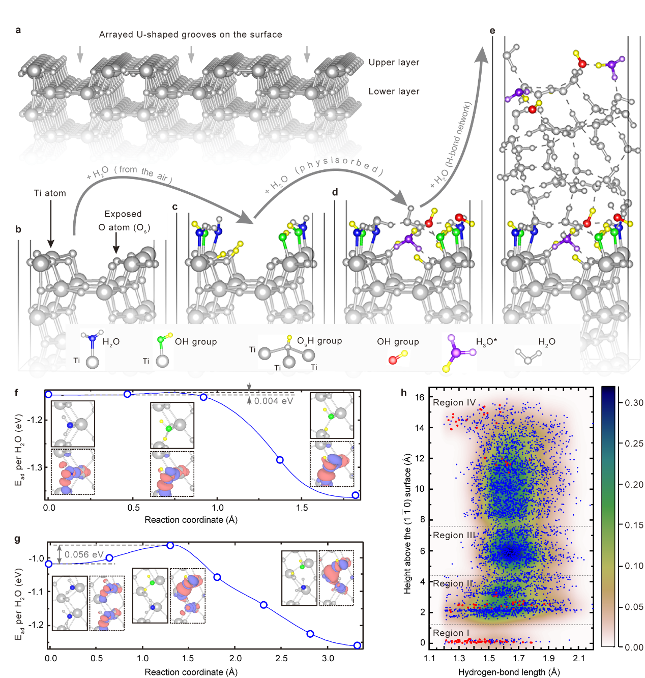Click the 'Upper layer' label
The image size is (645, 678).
tap(394, 63)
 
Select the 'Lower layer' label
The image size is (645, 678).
tap(394, 92)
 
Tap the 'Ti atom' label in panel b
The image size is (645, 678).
tap(50, 193)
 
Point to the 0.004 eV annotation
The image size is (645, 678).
tap(274, 401)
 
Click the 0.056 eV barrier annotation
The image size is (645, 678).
tap(84, 554)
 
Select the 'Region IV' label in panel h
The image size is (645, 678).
tap(454, 403)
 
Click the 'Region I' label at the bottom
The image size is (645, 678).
tap(451, 633)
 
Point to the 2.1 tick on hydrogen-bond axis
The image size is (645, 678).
tap(578, 659)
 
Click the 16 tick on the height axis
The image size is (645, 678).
tap(420, 397)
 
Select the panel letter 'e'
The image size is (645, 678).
tap(492, 31)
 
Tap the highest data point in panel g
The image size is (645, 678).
tap(170, 545)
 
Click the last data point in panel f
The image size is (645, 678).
tap(356, 495)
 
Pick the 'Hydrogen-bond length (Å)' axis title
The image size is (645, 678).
tap(509, 672)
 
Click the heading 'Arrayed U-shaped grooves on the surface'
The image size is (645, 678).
tap(190, 35)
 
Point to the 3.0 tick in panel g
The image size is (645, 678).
tap(328, 659)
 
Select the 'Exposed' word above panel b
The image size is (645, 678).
tap(123, 214)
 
